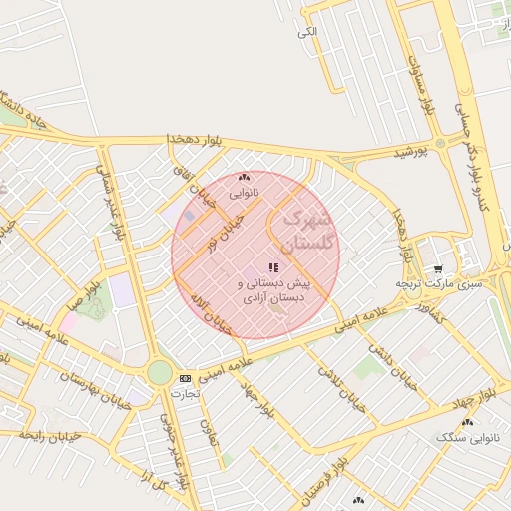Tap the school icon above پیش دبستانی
[x=272, y=268]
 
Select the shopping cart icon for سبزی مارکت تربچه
[x=437, y=269]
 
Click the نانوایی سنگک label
[x=469, y=437]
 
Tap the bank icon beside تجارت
[x=185, y=378]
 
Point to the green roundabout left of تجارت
[x=159, y=373]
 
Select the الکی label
[x=306, y=32]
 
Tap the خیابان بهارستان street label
[x=100, y=393]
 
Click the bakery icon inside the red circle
[x=245, y=178]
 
